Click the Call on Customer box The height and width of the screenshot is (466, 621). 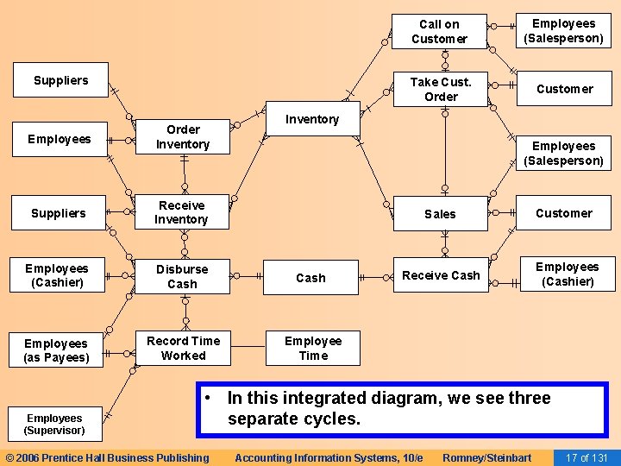pyautogui.click(x=439, y=32)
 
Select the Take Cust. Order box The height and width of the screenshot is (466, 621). pyautogui.click(x=440, y=89)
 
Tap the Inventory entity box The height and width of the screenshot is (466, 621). pyautogui.click(x=312, y=119)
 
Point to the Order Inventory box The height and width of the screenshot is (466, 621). pyautogui.click(x=182, y=137)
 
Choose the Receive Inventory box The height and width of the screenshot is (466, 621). pyautogui.click(x=181, y=212)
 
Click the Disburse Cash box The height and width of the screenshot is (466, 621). pyautogui.click(x=182, y=276)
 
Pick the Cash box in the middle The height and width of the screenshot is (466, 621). pyautogui.click(x=310, y=278)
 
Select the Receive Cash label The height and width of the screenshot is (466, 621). pyautogui.click(x=441, y=275)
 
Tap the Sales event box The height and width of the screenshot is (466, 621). pyautogui.click(x=440, y=213)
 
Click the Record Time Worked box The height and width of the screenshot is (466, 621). pyautogui.click(x=183, y=348)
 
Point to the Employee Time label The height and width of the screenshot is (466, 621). pyautogui.click(x=313, y=348)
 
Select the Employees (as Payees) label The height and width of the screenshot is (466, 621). pyautogui.click(x=56, y=350)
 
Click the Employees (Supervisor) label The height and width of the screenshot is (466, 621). pyautogui.click(x=54, y=424)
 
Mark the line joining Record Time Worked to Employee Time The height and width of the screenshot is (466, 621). pyautogui.click(x=248, y=348)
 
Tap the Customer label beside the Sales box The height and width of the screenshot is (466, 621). pyautogui.click(x=564, y=213)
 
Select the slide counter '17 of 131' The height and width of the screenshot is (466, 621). pyautogui.click(x=586, y=457)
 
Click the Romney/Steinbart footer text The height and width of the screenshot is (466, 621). pyautogui.click(x=486, y=457)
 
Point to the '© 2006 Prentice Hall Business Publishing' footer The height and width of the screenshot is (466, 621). pyautogui.click(x=107, y=457)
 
